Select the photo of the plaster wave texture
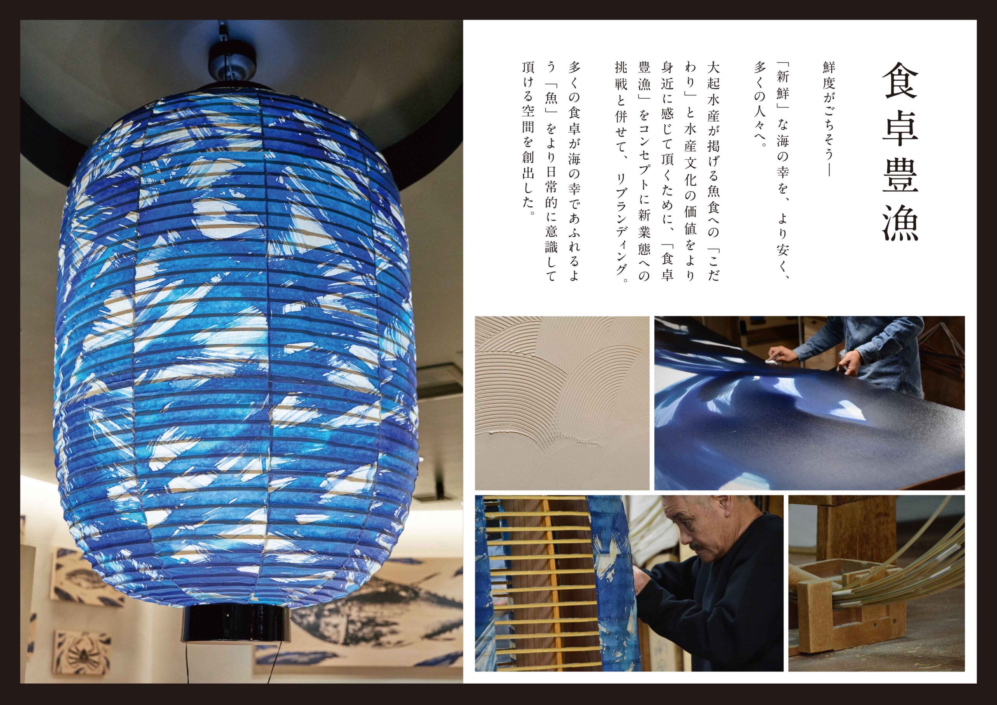[x=562, y=403]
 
